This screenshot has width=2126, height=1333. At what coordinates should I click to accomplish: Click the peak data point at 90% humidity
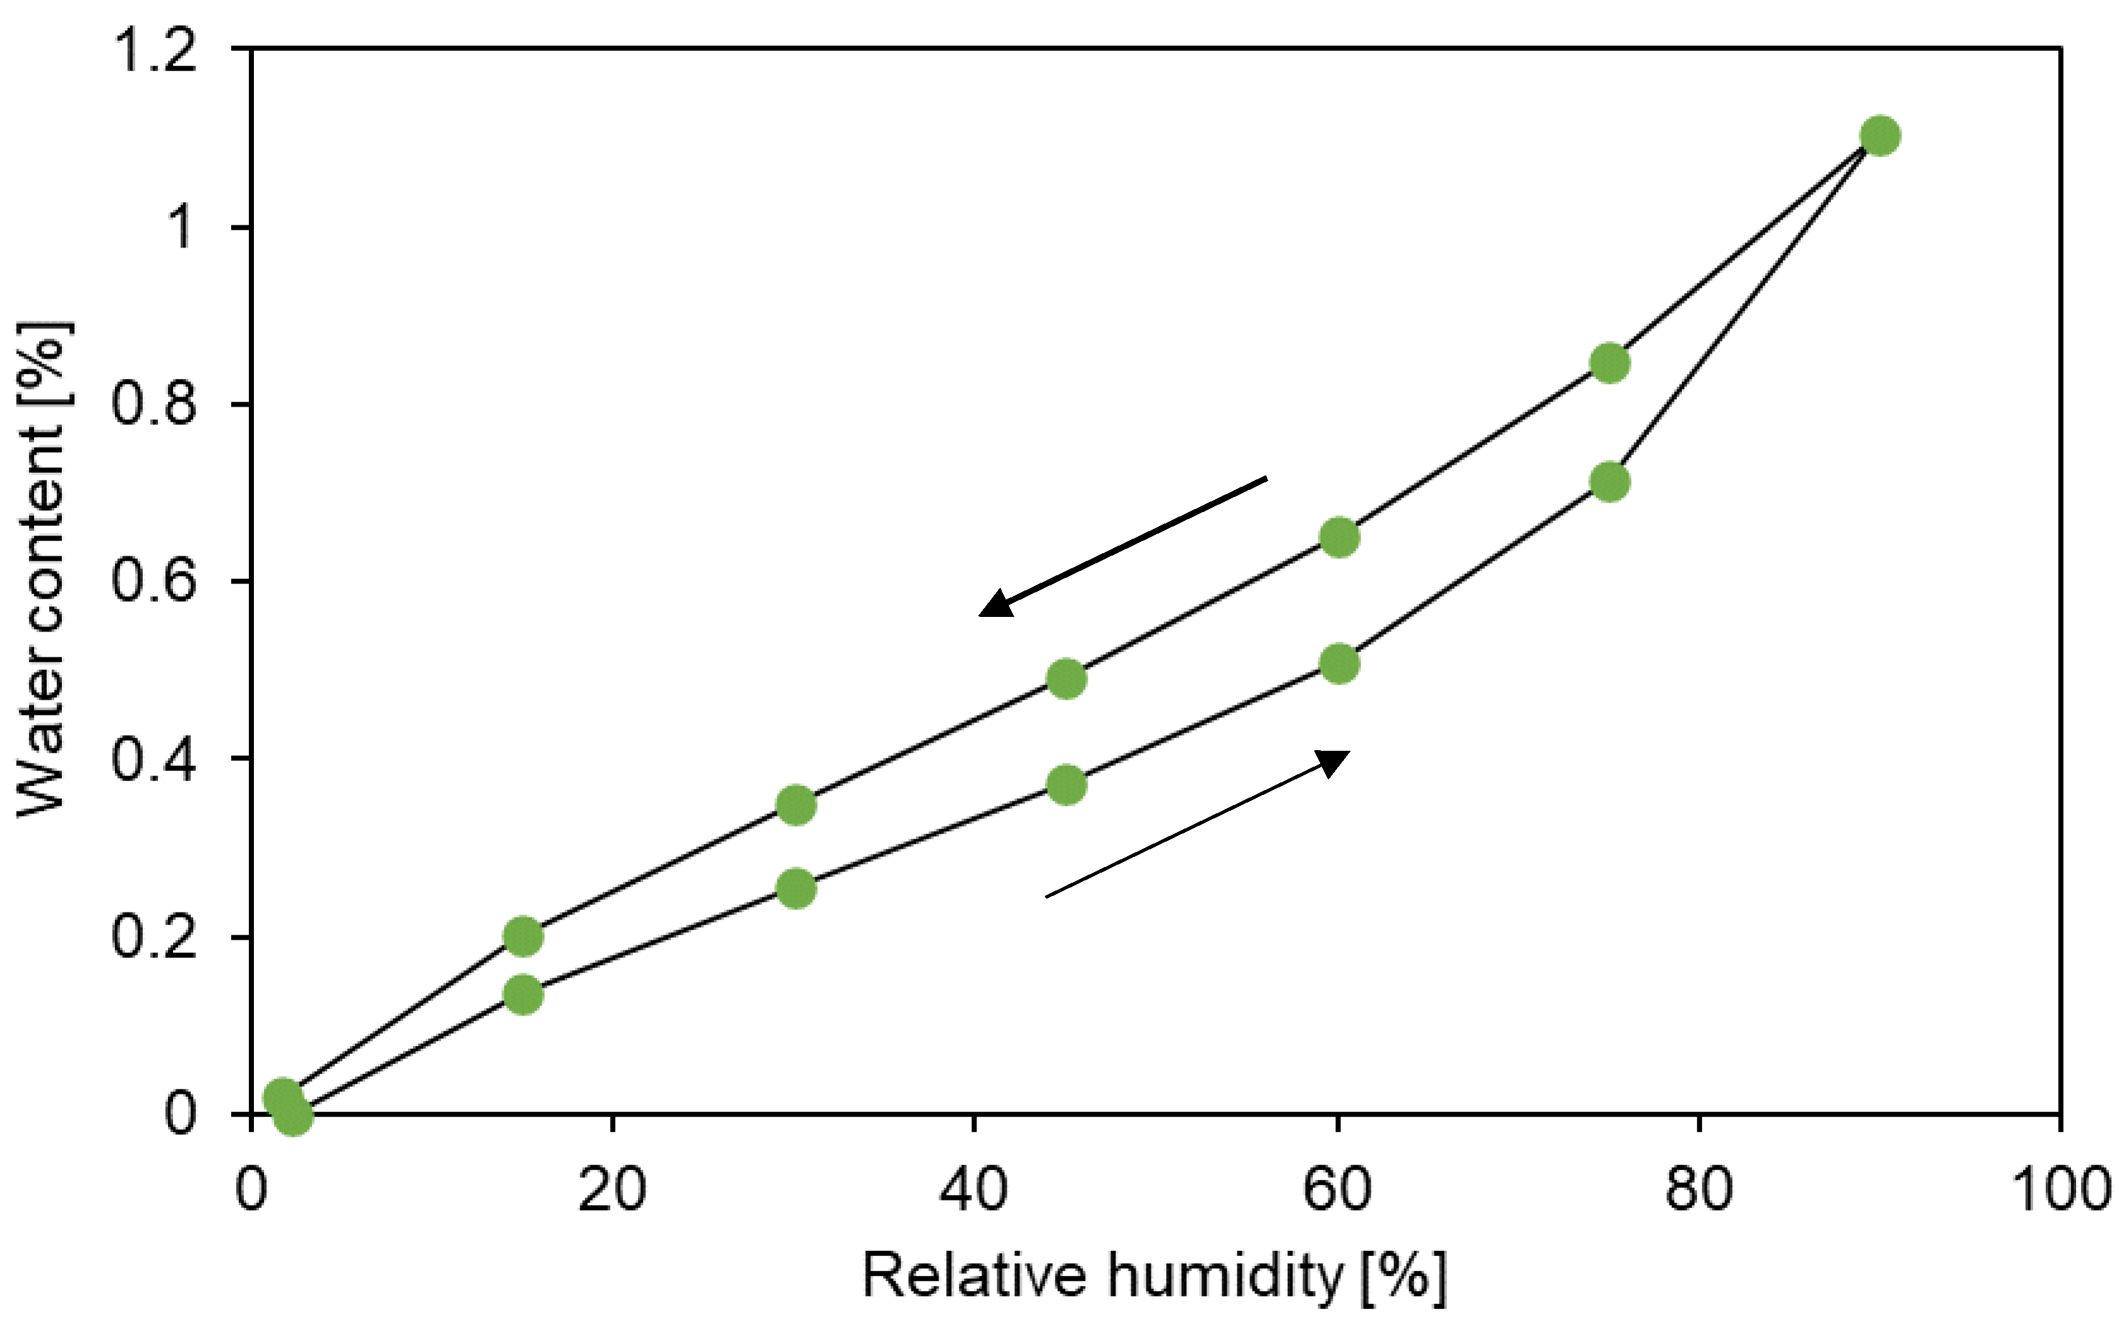point(1880,136)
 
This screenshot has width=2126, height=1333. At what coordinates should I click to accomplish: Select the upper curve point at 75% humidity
point(1610,363)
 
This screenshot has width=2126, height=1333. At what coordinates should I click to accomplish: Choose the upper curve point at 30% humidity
point(796,805)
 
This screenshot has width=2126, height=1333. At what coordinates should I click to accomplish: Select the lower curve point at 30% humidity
point(796,888)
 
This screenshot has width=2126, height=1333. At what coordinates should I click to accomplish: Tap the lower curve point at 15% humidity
point(523,995)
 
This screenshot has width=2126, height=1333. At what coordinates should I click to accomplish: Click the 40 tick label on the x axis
point(973,1188)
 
